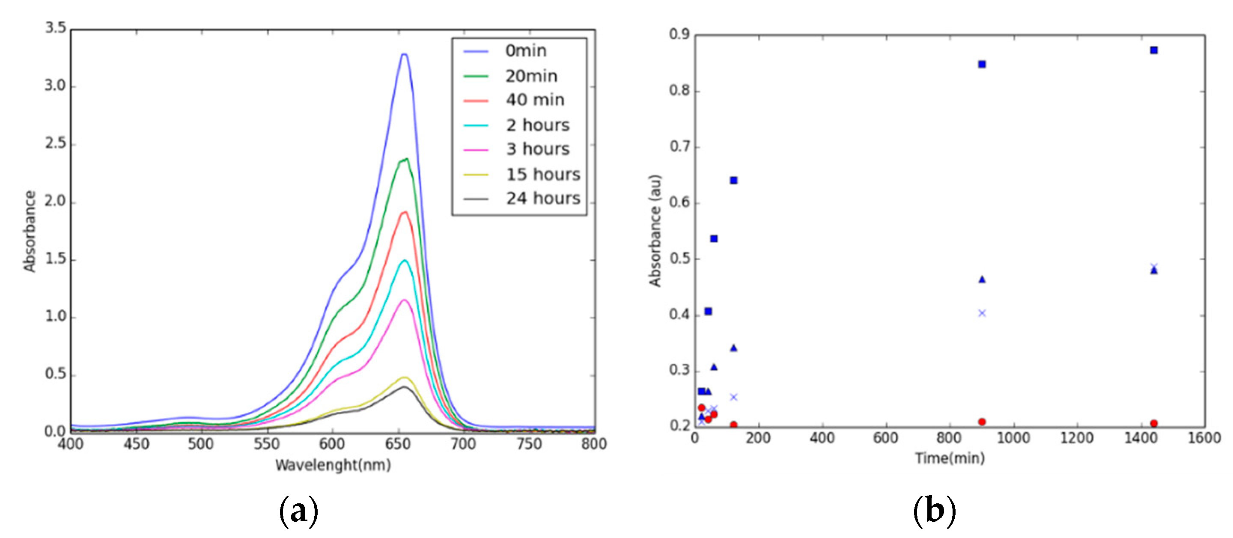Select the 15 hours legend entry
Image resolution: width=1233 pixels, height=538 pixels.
tap(542, 174)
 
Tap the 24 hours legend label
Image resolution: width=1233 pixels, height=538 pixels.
tap(543, 198)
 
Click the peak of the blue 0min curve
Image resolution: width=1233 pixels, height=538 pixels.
tap(405, 54)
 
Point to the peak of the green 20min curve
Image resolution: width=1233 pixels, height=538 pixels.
tap(406, 159)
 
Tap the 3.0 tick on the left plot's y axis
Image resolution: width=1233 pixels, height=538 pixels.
tap(55, 86)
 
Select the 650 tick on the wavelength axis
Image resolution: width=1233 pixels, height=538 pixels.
tap(398, 444)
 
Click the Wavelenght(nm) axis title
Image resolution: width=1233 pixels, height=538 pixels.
tap(333, 465)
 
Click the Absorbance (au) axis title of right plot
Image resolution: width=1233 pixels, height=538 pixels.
tap(655, 231)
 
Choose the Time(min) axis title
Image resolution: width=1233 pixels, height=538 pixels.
tap(950, 458)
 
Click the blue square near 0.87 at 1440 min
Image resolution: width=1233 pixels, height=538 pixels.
tap(1153, 50)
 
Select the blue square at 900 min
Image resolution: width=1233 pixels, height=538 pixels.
tap(982, 64)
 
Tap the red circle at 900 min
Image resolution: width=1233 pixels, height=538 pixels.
tap(982, 422)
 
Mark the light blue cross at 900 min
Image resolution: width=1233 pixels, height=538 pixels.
tap(982, 313)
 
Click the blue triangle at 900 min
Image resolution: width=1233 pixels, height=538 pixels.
tap(982, 279)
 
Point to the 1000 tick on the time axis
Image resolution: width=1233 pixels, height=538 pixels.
tap(1013, 438)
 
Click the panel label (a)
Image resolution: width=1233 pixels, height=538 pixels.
tap(299, 511)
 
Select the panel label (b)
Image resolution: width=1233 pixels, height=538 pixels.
tap(934, 511)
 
